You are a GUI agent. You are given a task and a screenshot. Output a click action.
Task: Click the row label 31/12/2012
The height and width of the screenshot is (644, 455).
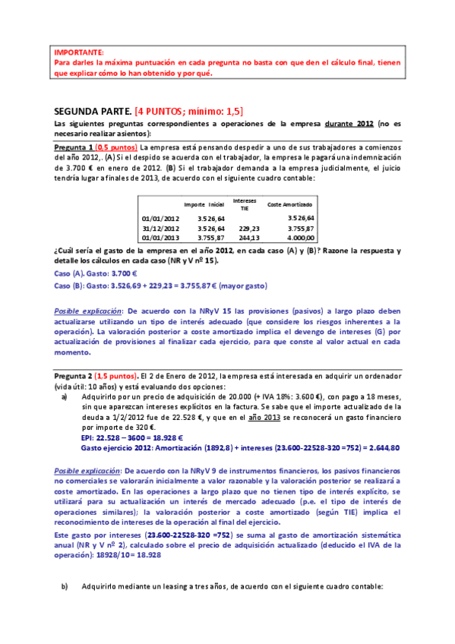[x=160, y=228]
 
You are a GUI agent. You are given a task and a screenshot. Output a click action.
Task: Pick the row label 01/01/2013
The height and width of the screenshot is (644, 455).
[x=160, y=238]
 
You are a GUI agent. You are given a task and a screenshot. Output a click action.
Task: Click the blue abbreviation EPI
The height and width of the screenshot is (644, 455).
[x=87, y=437]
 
